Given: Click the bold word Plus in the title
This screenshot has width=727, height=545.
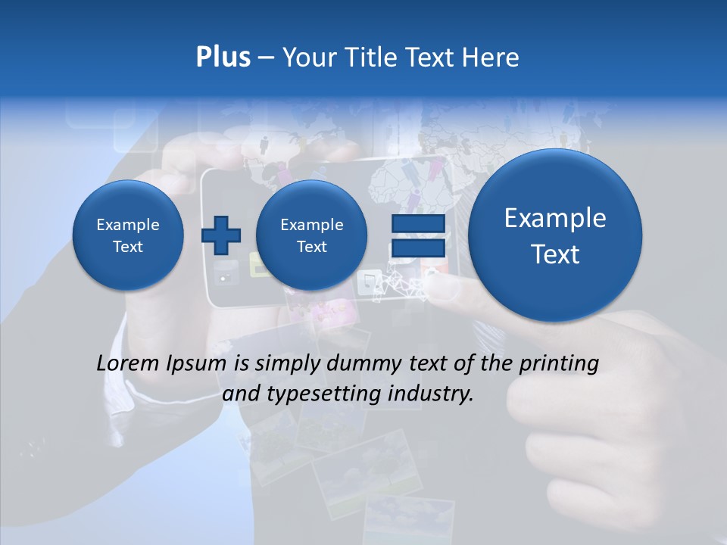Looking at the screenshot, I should (223, 58).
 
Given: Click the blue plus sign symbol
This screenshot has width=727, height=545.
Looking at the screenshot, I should (220, 235).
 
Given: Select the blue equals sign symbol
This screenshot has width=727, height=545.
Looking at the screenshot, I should (418, 235).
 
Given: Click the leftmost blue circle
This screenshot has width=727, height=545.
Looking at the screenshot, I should (128, 235).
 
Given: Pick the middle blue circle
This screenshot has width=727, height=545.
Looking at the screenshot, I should (311, 235).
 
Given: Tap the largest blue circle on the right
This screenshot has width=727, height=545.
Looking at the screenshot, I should (555, 235).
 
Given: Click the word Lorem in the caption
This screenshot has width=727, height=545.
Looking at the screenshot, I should (129, 363).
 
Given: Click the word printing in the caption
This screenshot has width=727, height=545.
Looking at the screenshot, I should (560, 364).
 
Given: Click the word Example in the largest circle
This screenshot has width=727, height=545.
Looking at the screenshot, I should (555, 219).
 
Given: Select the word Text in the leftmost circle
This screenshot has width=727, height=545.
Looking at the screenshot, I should (128, 247).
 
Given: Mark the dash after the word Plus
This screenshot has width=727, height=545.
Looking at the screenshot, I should (266, 58).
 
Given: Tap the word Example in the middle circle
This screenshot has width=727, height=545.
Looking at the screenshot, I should (311, 225).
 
